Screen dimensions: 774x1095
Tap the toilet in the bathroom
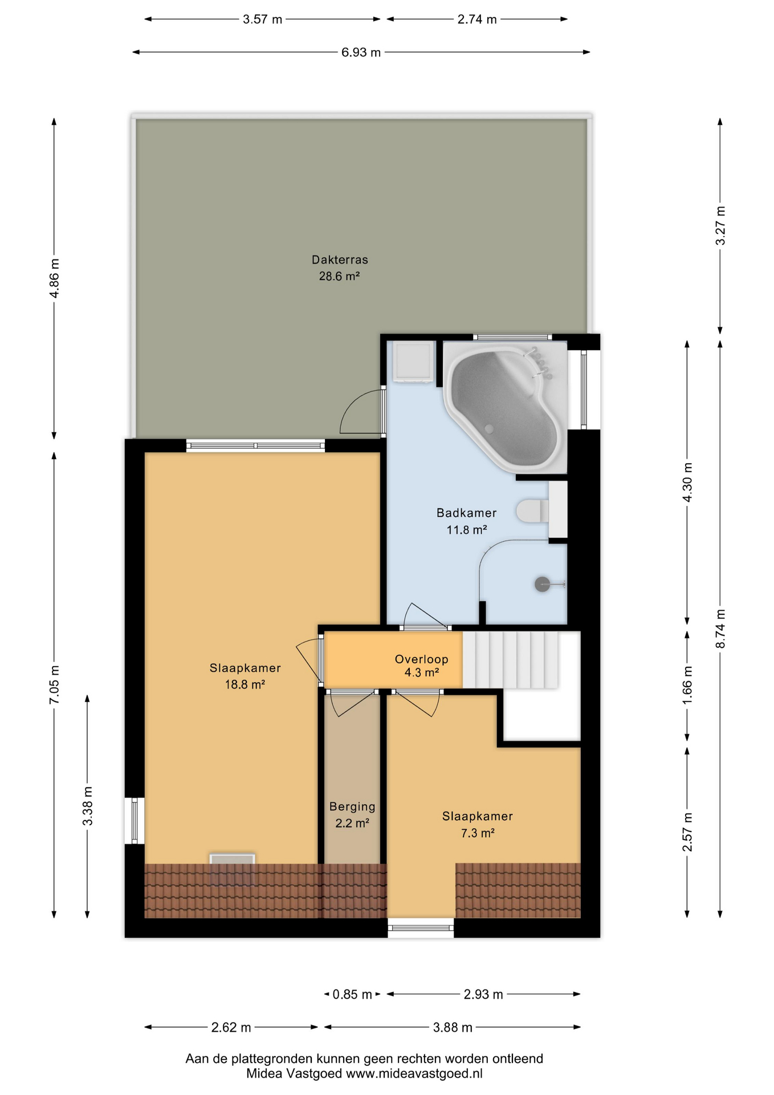pos(532,511)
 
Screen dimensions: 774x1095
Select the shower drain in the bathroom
pos(542,584)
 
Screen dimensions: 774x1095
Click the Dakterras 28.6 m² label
pos(340,268)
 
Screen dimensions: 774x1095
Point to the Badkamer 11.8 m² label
pos(466,521)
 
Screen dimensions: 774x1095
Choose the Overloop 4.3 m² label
pos(422,666)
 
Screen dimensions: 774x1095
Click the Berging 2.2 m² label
pos(352,815)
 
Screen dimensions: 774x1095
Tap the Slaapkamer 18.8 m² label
pos(245,676)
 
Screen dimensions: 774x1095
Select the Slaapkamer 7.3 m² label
pos(478,825)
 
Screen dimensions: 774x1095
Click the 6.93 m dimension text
pos(361,52)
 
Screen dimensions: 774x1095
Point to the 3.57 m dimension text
pos(262,19)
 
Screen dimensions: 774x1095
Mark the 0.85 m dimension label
pos(352,995)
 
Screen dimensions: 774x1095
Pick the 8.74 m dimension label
pos(720,628)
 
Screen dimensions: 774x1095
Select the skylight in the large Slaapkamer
pos(232,869)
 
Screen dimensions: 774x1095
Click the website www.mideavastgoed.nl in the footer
pos(414,1073)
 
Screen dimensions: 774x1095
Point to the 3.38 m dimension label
pos(87,806)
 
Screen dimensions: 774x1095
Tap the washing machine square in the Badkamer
pos(414,362)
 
